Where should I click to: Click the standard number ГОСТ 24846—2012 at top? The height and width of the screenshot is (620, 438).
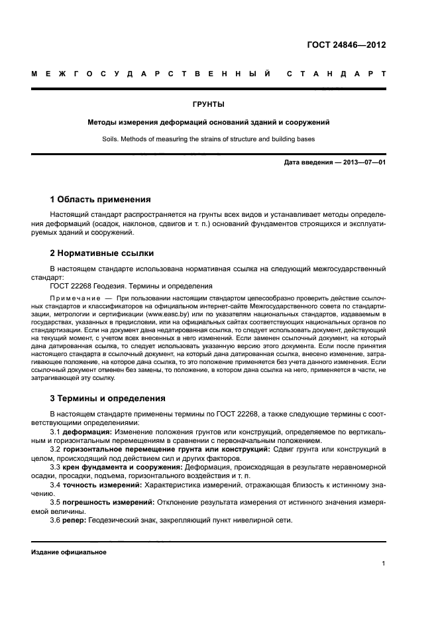click(x=346, y=45)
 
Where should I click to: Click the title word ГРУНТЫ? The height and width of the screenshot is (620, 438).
click(x=209, y=104)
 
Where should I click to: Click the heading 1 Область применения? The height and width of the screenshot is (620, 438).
click(x=101, y=199)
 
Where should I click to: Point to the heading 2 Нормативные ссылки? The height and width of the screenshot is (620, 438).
click(x=102, y=253)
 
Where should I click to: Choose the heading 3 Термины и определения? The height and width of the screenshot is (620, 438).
click(x=109, y=399)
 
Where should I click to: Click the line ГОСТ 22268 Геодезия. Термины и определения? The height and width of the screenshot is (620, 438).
click(x=131, y=286)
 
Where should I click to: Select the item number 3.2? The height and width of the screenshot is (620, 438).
click(x=56, y=449)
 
